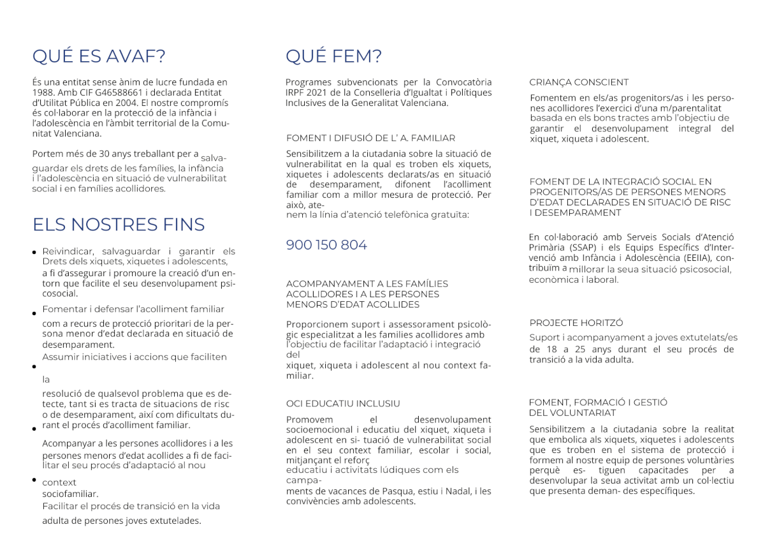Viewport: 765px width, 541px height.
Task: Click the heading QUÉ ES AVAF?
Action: [99, 57]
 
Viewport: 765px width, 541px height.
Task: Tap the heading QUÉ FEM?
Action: [333, 57]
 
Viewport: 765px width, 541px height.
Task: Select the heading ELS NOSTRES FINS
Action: [119, 225]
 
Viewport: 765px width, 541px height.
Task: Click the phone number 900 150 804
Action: [326, 245]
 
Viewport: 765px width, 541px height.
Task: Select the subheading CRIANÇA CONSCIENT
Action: [579, 82]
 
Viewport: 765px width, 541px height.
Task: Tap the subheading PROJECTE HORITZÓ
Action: [576, 323]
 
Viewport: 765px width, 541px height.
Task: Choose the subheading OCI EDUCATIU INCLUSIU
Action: [343, 403]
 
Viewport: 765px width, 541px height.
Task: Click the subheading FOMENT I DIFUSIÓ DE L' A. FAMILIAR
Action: [370, 138]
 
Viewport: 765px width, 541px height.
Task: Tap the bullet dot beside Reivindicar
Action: [34, 253]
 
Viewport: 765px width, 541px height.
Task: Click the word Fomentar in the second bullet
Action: [62, 309]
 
